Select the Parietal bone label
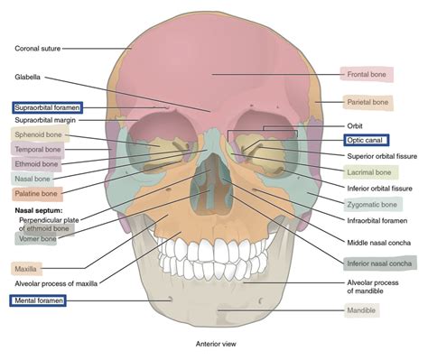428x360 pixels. pos(368,103)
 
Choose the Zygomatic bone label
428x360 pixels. pos(369,205)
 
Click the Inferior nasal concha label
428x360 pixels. pos(379,263)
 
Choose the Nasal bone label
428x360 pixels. pos(33,179)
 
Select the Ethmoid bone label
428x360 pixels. pos(36,164)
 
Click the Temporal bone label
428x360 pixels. pos(37,150)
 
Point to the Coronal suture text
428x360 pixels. pos(38,47)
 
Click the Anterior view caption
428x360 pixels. pos(215,344)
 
